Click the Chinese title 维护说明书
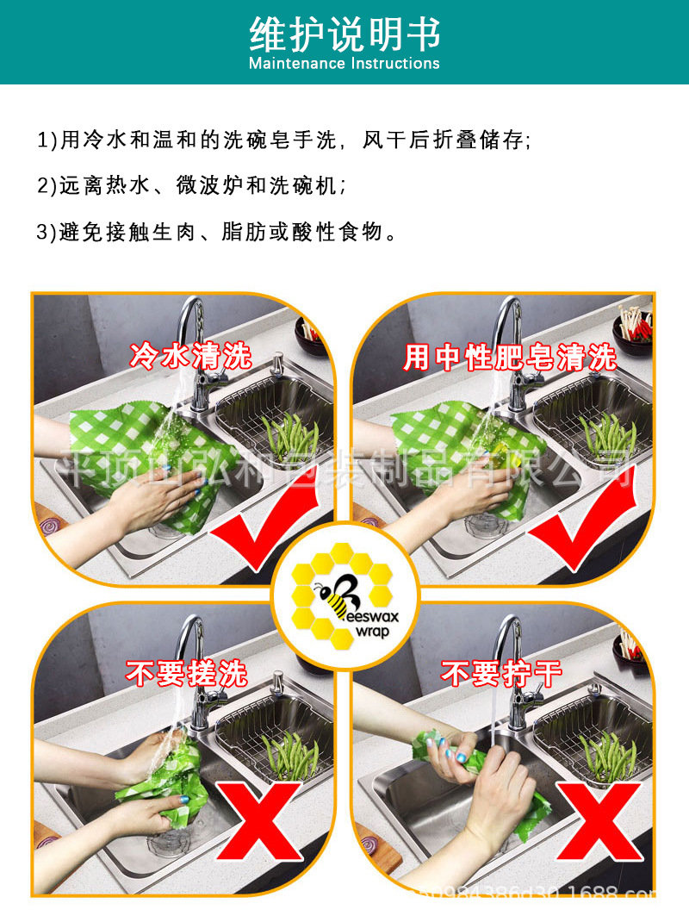click(344, 34)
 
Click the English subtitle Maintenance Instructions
click(344, 64)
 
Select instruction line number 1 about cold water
click(284, 140)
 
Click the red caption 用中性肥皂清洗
click(510, 357)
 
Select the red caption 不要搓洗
click(187, 672)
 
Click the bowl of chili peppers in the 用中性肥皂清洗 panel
click(632, 328)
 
